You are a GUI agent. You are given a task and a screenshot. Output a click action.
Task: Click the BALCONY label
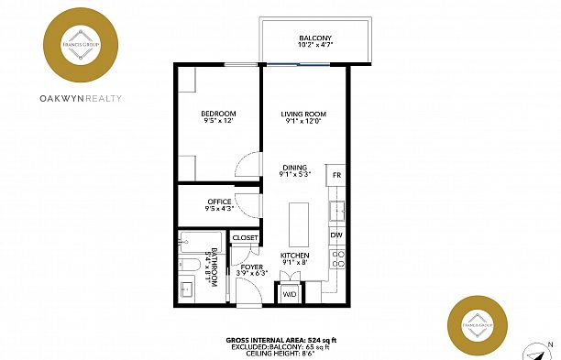tap(314, 38)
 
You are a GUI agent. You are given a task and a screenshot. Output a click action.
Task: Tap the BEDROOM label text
tap(218, 115)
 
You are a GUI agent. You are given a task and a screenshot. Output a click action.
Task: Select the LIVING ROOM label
tap(303, 115)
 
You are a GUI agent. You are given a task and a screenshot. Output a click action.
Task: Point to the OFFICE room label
tap(218, 202)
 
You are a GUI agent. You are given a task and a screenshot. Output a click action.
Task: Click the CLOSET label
tap(245, 237)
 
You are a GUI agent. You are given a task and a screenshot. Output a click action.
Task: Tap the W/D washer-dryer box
tap(289, 294)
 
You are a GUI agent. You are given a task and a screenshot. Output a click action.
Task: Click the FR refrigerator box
tap(336, 175)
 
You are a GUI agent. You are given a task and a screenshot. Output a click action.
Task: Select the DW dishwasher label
tap(335, 235)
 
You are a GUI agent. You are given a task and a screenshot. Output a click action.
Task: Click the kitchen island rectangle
tap(299, 223)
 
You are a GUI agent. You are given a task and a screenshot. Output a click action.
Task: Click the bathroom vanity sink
tap(187, 289)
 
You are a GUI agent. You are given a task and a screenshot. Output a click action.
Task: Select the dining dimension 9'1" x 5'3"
tap(295, 174)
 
